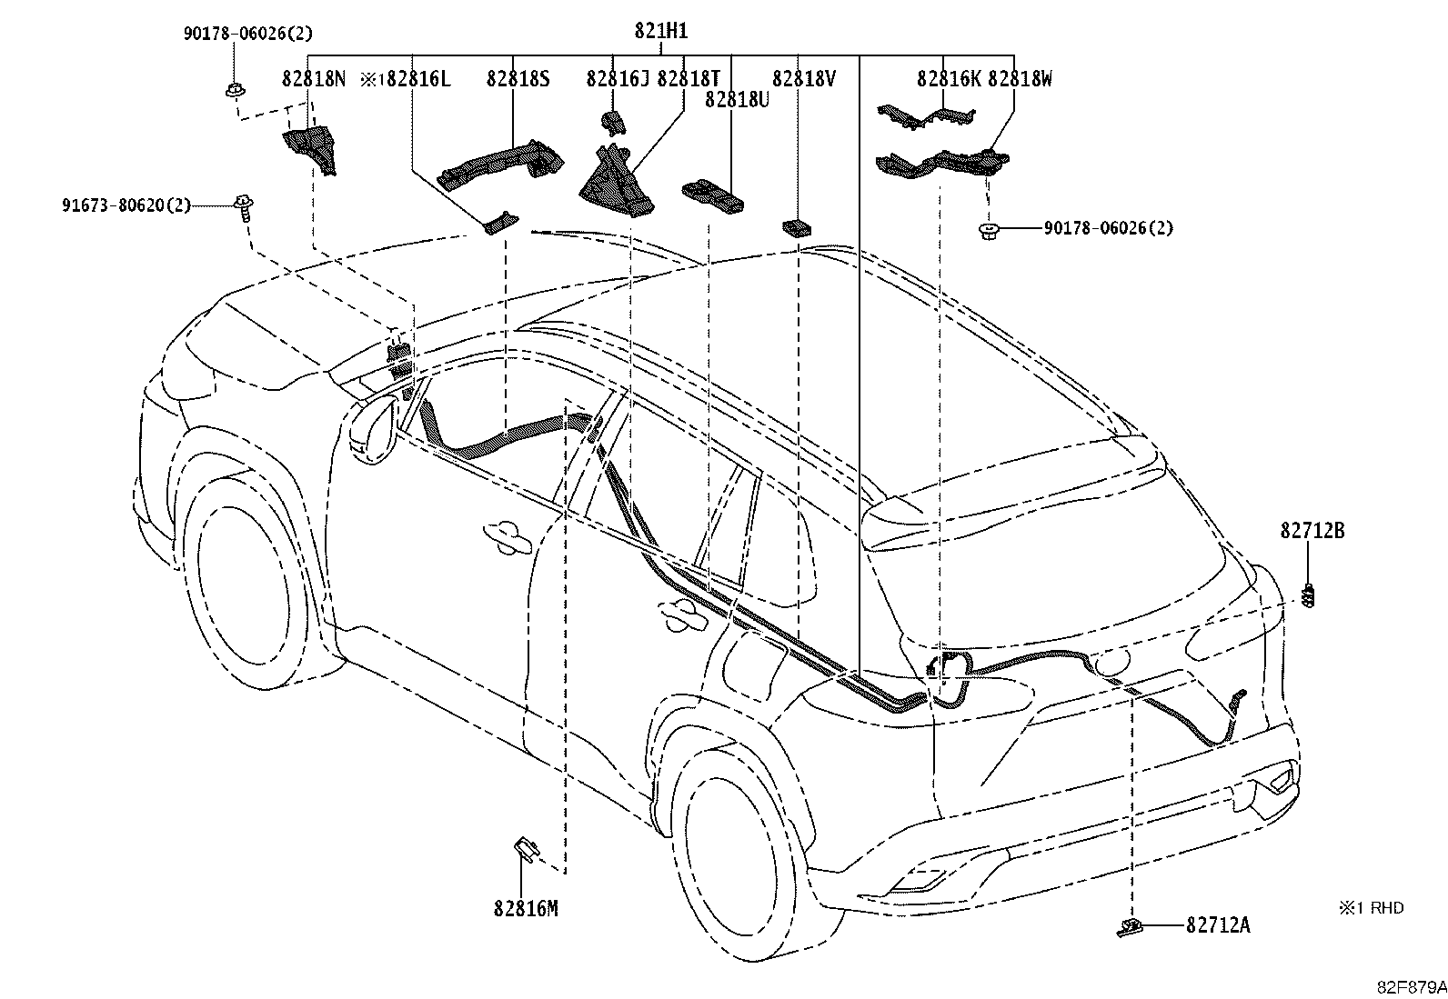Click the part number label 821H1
(x=660, y=30)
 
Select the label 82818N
(x=314, y=79)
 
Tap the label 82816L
(x=418, y=79)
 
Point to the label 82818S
(x=518, y=79)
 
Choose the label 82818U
(x=737, y=99)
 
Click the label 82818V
(x=803, y=79)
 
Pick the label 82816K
(x=949, y=79)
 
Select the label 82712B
(x=1312, y=531)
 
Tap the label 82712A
(x=1218, y=925)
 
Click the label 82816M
(x=526, y=908)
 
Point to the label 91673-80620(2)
(x=126, y=205)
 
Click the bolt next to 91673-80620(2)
(x=244, y=208)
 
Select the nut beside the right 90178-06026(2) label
(x=988, y=231)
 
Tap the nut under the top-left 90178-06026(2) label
(x=236, y=91)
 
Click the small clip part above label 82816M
(x=525, y=849)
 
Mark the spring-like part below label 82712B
(x=1310, y=595)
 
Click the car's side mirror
(x=373, y=430)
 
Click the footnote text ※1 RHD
(x=1371, y=908)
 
